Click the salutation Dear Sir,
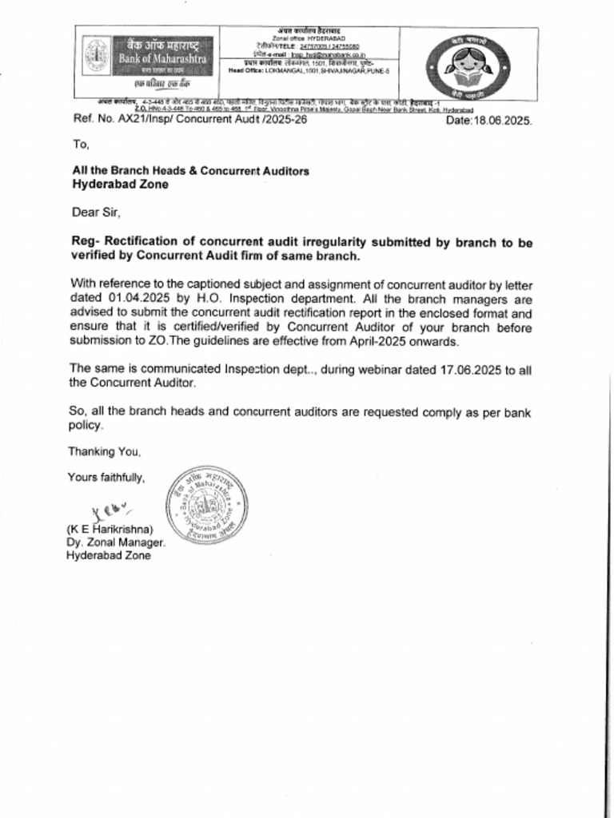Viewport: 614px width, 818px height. click(96, 212)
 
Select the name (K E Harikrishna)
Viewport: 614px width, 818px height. click(110, 529)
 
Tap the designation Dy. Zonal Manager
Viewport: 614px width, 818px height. click(116, 542)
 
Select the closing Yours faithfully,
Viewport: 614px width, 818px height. click(106, 478)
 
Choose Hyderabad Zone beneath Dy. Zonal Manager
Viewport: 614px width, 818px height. click(108, 556)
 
